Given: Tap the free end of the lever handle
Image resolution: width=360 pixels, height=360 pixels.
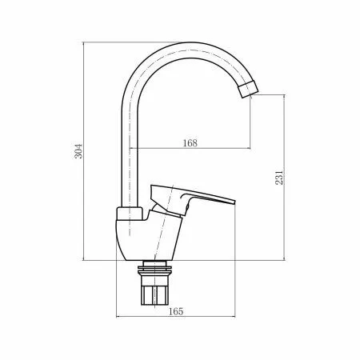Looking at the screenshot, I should [x=233, y=201].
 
